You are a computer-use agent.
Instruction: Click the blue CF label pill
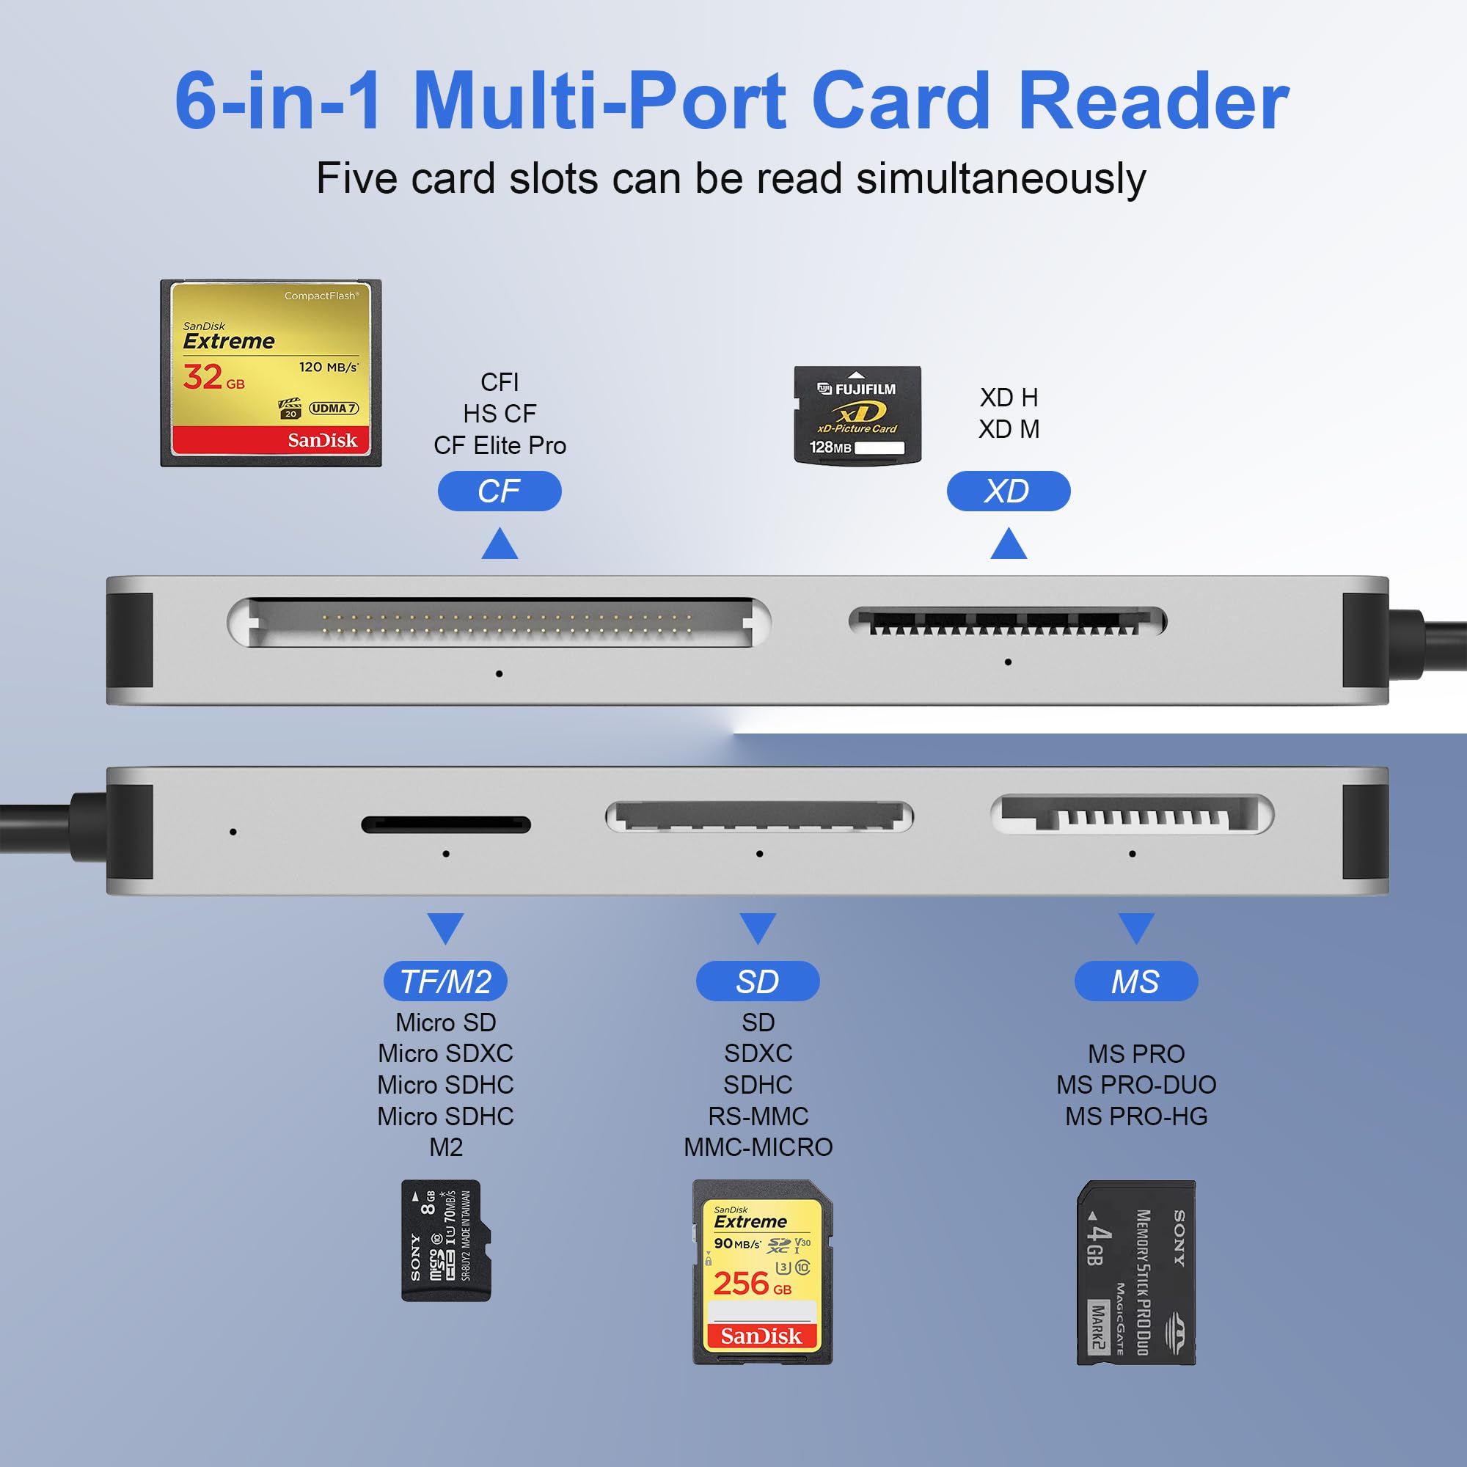(499, 491)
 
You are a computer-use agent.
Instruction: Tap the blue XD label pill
(1008, 491)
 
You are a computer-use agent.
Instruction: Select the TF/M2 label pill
(445, 981)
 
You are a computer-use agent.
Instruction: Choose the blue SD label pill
(757, 981)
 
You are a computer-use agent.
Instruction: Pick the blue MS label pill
(1135, 981)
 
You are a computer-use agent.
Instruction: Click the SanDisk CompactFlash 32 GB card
(271, 373)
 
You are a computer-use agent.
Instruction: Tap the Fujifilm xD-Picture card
(857, 414)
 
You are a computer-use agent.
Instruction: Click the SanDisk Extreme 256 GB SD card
(761, 1271)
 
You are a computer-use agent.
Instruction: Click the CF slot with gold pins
(499, 623)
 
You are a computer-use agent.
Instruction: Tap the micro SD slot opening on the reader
(446, 824)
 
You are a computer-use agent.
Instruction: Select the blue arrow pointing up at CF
(499, 544)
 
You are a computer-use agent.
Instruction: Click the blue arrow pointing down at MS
(1136, 927)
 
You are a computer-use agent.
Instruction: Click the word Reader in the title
(1152, 101)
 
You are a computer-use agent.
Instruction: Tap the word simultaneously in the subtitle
(1000, 179)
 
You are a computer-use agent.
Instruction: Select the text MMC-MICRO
(758, 1146)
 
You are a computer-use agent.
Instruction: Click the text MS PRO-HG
(1135, 1116)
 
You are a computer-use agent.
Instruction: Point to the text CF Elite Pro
(499, 445)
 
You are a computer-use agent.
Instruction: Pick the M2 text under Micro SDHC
(446, 1146)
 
